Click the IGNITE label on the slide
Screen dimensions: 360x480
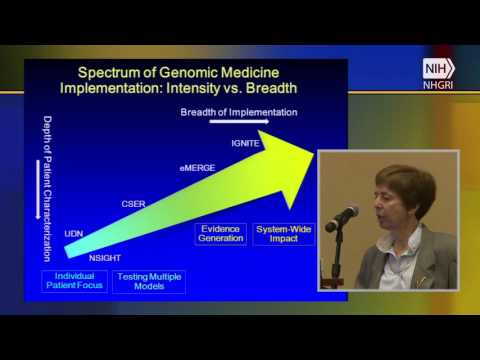(246, 143)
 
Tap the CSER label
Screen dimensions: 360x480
(134, 204)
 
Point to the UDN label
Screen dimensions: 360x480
(74, 233)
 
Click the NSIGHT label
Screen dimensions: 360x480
(105, 256)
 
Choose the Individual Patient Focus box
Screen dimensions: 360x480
(74, 280)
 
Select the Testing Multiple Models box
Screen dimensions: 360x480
(148, 280)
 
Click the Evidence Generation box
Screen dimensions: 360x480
(219, 233)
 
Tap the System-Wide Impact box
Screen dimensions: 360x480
(283, 233)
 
